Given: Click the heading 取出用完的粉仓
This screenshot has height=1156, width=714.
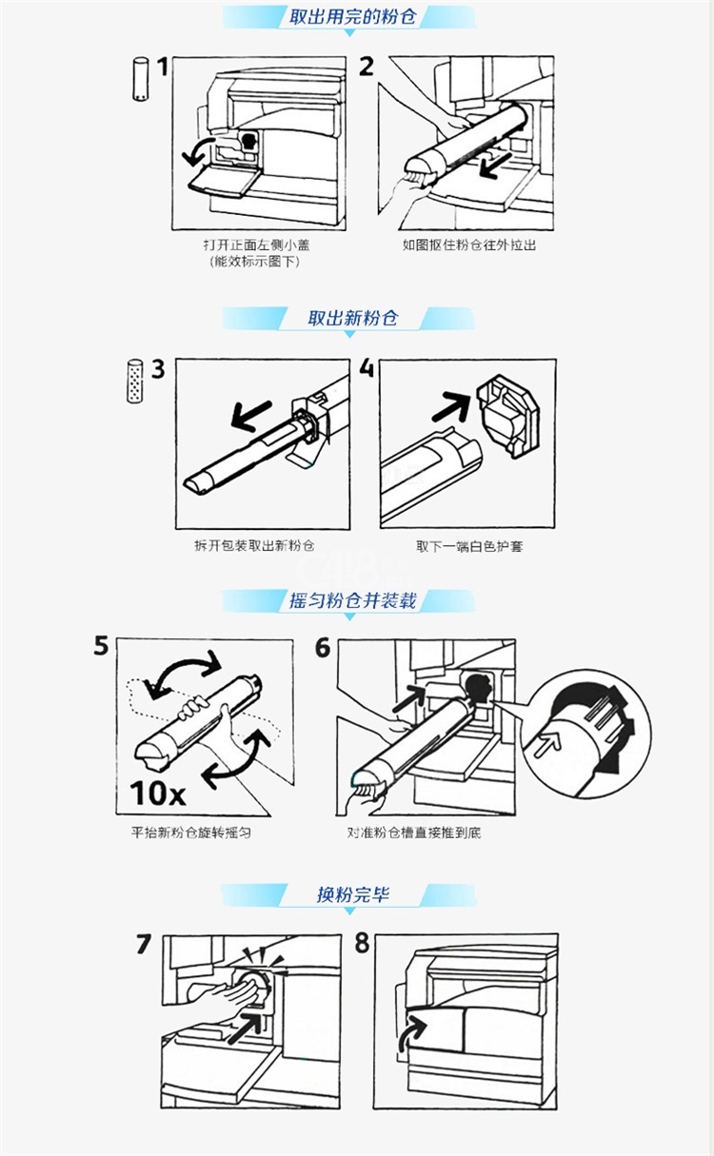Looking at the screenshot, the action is tap(352, 17).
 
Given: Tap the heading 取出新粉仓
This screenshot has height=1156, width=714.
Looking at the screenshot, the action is tap(353, 318).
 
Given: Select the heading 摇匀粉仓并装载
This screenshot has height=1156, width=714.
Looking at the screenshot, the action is tap(353, 600).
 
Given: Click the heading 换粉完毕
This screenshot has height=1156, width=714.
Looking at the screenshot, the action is tap(353, 893).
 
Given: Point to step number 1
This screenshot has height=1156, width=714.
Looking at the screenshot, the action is tap(163, 68).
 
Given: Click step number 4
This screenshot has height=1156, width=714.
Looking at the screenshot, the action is tap(367, 368).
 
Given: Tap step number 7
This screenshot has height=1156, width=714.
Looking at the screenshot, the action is tap(144, 944).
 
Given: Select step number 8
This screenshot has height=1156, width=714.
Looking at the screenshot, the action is tap(362, 943).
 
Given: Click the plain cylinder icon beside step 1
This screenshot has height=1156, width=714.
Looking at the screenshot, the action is tap(140, 79).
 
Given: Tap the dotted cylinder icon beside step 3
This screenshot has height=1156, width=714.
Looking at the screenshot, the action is tap(134, 381).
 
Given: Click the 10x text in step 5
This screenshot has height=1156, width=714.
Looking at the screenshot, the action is tap(157, 794).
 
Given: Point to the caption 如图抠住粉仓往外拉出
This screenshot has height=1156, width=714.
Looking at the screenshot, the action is tap(468, 245).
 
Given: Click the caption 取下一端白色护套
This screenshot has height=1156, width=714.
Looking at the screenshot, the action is tap(469, 546).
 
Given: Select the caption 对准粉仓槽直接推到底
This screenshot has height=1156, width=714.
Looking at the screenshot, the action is tap(414, 833).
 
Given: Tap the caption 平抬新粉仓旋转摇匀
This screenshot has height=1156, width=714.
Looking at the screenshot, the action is tap(191, 833).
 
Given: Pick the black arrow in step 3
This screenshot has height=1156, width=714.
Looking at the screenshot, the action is tap(251, 416).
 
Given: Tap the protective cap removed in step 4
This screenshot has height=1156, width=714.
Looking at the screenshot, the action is tap(507, 416).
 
